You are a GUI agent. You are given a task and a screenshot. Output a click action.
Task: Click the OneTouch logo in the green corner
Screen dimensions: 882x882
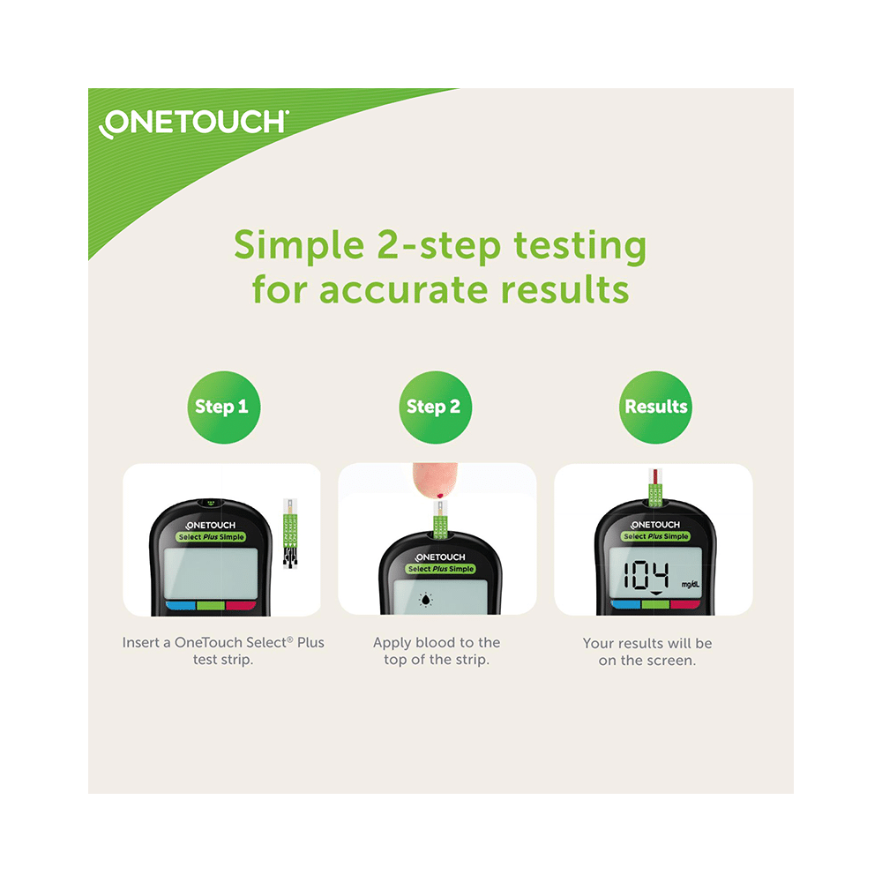[193, 123]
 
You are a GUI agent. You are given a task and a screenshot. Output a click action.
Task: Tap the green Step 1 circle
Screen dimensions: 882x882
[221, 407]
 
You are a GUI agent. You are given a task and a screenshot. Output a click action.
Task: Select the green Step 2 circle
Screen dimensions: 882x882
[433, 407]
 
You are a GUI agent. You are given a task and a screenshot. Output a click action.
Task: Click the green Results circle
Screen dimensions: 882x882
[655, 407]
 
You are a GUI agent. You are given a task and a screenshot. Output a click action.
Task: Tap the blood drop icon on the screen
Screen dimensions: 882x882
[428, 599]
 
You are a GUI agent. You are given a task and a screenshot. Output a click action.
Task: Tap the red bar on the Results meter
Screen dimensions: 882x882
[684, 604]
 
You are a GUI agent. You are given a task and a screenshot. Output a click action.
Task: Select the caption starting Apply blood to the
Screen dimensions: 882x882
[437, 651]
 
